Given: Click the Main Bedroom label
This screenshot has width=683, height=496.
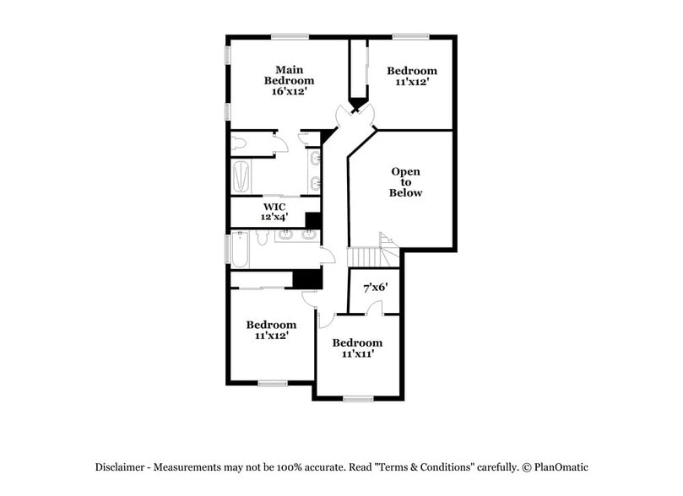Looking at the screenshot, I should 289,75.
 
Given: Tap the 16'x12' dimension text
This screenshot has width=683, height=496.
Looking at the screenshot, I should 289,92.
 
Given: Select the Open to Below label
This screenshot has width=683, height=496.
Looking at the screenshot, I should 405,182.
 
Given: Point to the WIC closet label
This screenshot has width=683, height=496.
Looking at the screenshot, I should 274,207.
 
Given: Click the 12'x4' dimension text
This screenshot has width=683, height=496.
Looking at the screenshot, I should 274,218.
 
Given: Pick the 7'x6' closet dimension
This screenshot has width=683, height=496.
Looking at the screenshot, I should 375,288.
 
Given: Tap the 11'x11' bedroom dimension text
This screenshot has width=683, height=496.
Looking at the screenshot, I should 357,354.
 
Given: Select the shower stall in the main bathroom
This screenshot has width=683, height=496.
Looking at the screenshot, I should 241,175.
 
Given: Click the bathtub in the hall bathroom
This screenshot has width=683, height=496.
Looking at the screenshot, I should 241,250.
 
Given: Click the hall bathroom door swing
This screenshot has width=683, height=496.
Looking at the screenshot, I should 328,257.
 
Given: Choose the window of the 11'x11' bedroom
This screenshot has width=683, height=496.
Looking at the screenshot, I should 358,399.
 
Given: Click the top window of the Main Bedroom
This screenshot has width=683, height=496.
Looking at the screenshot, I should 290,35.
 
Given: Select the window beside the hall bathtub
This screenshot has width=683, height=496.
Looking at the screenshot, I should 226,250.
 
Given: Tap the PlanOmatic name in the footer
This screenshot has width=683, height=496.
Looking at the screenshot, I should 558,467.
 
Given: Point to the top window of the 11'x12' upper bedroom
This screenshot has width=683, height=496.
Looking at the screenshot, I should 410,35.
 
